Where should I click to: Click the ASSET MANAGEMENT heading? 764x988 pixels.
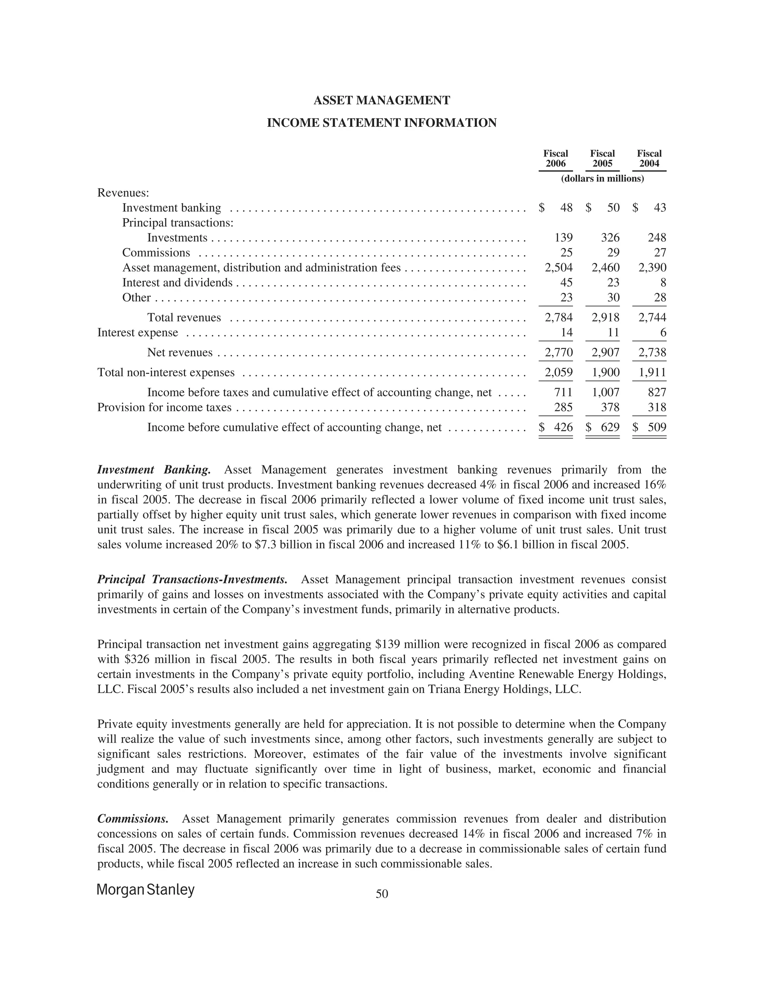[x=382, y=100]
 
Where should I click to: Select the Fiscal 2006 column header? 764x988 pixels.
[x=555, y=159]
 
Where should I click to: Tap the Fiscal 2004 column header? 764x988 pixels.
[x=649, y=159]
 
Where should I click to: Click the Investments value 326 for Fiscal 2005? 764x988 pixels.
[x=610, y=238]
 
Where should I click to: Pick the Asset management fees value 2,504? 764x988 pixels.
[x=558, y=268]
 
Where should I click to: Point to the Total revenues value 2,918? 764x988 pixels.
[x=605, y=318]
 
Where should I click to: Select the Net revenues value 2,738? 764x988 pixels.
[x=652, y=352]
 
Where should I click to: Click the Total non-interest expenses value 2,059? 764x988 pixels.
[x=558, y=372]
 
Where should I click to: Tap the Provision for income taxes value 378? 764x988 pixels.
[x=610, y=408]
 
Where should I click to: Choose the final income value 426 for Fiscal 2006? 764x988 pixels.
[x=563, y=428]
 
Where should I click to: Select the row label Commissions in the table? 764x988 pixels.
[x=156, y=253]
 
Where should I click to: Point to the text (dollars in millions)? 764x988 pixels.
[x=602, y=179]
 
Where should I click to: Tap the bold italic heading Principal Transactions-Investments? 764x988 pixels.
[x=192, y=579]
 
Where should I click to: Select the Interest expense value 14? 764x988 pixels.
[x=567, y=333]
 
